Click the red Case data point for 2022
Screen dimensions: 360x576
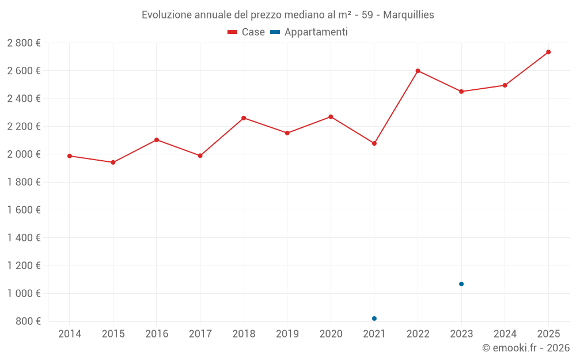point(418,71)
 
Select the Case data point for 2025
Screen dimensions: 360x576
point(548,52)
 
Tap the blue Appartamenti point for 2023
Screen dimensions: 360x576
point(461,284)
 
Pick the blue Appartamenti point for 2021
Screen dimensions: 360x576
point(374,319)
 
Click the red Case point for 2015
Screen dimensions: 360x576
point(113,162)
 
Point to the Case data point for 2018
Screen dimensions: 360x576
point(244,118)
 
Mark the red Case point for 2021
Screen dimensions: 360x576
point(374,143)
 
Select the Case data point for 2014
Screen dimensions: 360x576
point(70,156)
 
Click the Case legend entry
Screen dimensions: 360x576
point(247,32)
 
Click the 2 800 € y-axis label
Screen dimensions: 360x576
point(24,43)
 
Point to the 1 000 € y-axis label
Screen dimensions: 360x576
point(24,294)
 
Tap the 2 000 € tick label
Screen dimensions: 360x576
point(24,154)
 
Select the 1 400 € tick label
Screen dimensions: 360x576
point(24,238)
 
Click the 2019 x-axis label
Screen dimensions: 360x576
point(287,334)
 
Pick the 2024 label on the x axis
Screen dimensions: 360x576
point(505,334)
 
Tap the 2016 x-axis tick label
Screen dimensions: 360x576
point(157,334)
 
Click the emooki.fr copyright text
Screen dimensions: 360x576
point(526,348)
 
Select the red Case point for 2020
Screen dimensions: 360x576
point(331,117)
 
